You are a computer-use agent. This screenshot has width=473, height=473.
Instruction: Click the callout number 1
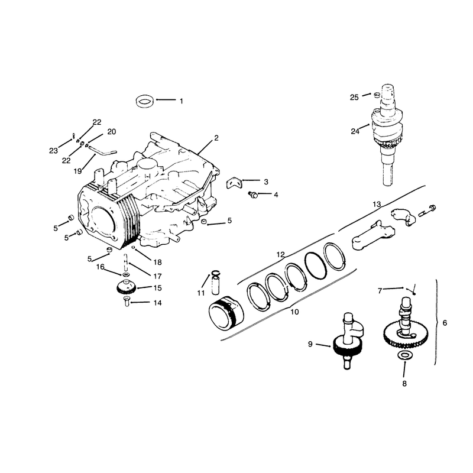coord(182,101)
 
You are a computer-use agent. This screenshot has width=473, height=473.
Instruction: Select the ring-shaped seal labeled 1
coord(145,101)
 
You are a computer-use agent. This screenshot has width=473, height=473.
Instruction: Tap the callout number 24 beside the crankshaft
coord(355,131)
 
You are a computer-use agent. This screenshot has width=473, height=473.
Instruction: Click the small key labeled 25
coord(376,95)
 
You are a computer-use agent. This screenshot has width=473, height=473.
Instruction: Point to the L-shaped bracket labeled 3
coord(234,183)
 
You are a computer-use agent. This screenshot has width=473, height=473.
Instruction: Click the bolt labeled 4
coord(253,195)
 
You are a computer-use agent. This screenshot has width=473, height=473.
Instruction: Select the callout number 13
coord(377,205)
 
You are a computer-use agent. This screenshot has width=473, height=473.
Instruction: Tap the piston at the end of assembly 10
coord(226,312)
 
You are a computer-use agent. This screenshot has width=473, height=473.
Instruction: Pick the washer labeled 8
coord(404,355)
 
